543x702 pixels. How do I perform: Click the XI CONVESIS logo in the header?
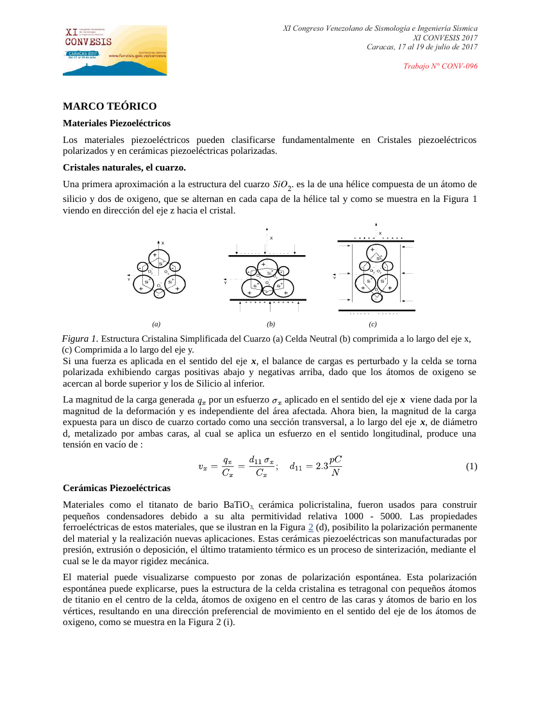(x=115, y=50)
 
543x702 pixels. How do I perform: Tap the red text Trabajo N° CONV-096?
(x=440, y=66)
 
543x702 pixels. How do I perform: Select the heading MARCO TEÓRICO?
(x=110, y=106)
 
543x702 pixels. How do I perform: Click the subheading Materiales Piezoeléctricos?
(x=116, y=122)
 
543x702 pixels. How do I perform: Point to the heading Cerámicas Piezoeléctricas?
(x=117, y=488)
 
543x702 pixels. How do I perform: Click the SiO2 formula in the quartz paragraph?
(x=282, y=185)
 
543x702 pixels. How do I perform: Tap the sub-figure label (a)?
(x=156, y=324)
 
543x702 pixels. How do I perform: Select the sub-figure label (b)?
(x=271, y=324)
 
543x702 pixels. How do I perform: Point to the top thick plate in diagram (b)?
(x=267, y=256)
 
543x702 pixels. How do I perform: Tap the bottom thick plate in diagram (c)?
(x=376, y=310)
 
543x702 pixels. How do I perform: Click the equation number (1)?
(x=471, y=467)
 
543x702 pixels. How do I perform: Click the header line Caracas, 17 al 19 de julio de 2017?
(x=422, y=47)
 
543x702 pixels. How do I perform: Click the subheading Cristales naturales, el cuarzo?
(x=124, y=168)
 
